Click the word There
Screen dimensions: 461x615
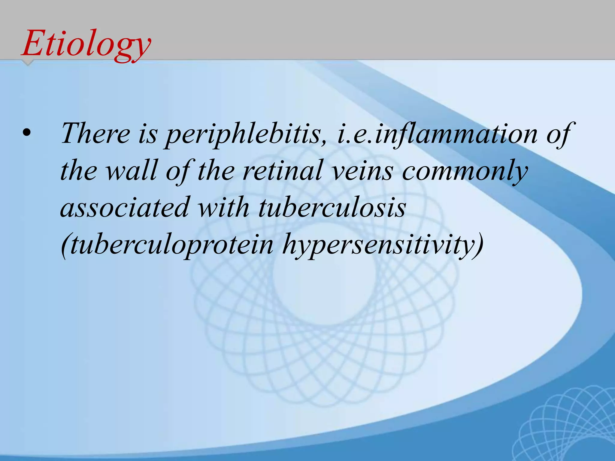[95, 133]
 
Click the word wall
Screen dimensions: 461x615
[132, 170]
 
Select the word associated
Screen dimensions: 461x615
[125, 207]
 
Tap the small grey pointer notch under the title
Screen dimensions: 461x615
[28, 62]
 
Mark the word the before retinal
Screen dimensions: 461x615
[216, 170]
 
